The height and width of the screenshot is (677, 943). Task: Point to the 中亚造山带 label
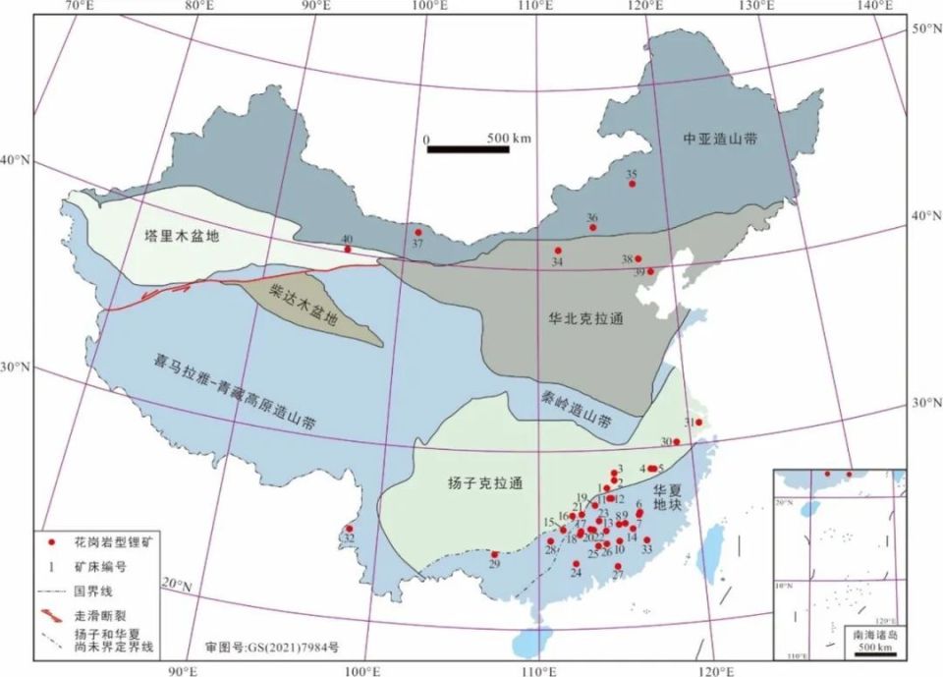pyautogui.click(x=720, y=140)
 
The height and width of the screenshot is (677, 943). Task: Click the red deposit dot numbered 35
pyautogui.click(x=633, y=184)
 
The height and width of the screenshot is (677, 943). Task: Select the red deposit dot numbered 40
pyautogui.click(x=348, y=249)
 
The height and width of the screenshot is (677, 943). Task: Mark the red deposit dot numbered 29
pyautogui.click(x=495, y=554)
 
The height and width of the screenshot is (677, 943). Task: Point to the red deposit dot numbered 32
pyautogui.click(x=349, y=529)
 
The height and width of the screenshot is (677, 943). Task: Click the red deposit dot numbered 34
pyautogui.click(x=558, y=251)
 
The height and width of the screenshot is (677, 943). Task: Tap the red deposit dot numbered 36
pyautogui.click(x=592, y=228)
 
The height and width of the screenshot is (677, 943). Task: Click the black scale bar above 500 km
pyautogui.click(x=468, y=149)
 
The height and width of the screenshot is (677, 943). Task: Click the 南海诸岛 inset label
pyautogui.click(x=870, y=635)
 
